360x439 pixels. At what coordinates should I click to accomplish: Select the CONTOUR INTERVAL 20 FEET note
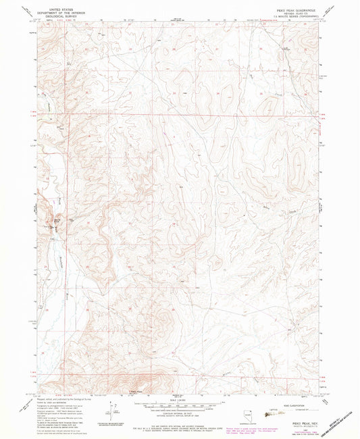tap(180, 414)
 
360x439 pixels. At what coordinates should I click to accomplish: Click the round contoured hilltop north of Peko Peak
tap(164, 316)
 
